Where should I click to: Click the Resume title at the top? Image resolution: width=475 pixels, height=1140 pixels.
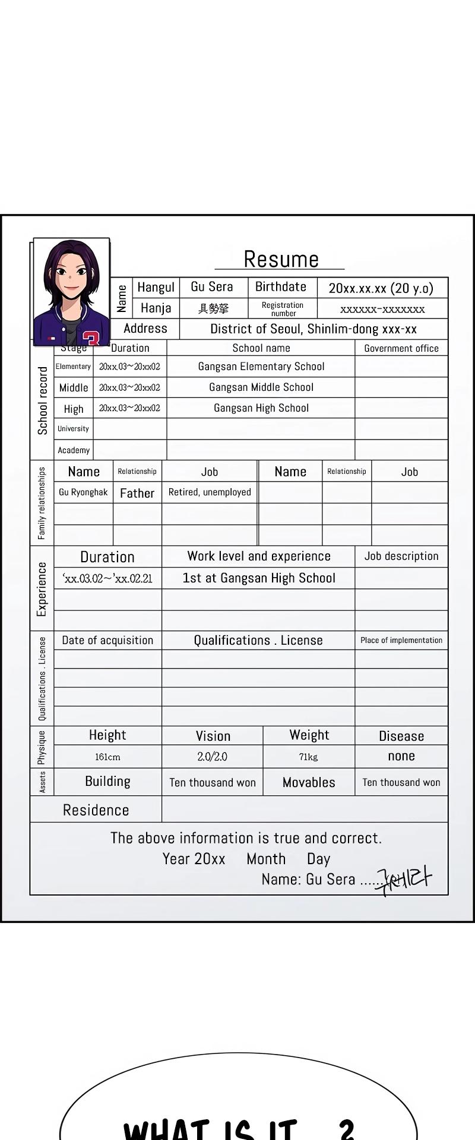(x=281, y=259)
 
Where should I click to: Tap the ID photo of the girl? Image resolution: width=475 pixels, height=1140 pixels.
(x=72, y=292)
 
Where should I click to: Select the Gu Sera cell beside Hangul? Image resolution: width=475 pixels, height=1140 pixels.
(x=212, y=287)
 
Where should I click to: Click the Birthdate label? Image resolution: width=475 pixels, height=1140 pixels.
(x=281, y=287)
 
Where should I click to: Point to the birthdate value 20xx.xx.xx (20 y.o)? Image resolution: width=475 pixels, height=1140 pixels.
(x=381, y=288)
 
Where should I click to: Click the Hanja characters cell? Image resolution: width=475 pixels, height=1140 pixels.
(x=213, y=308)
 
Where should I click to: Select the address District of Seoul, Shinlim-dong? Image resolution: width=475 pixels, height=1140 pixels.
(x=313, y=329)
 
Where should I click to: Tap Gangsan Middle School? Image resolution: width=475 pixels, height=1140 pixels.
(x=261, y=387)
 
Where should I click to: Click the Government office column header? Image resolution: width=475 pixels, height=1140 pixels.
(x=401, y=348)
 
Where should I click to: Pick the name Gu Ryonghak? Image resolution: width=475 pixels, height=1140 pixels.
(x=83, y=492)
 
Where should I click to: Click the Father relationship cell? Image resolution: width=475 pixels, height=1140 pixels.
(x=137, y=493)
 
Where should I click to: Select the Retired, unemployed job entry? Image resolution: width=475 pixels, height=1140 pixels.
(x=210, y=492)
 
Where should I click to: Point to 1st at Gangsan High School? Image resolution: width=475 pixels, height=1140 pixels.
(x=259, y=578)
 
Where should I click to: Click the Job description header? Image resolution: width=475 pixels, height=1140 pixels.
(x=401, y=556)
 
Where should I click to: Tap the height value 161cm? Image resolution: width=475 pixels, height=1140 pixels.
(x=107, y=757)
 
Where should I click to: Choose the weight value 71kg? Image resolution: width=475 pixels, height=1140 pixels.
(x=308, y=757)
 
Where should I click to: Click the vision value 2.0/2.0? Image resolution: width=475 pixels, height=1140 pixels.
(x=212, y=757)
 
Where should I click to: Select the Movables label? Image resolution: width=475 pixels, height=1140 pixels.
(x=309, y=782)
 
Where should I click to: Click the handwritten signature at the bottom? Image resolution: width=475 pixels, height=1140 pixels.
(x=404, y=880)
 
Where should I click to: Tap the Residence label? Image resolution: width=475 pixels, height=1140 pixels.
(x=96, y=810)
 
